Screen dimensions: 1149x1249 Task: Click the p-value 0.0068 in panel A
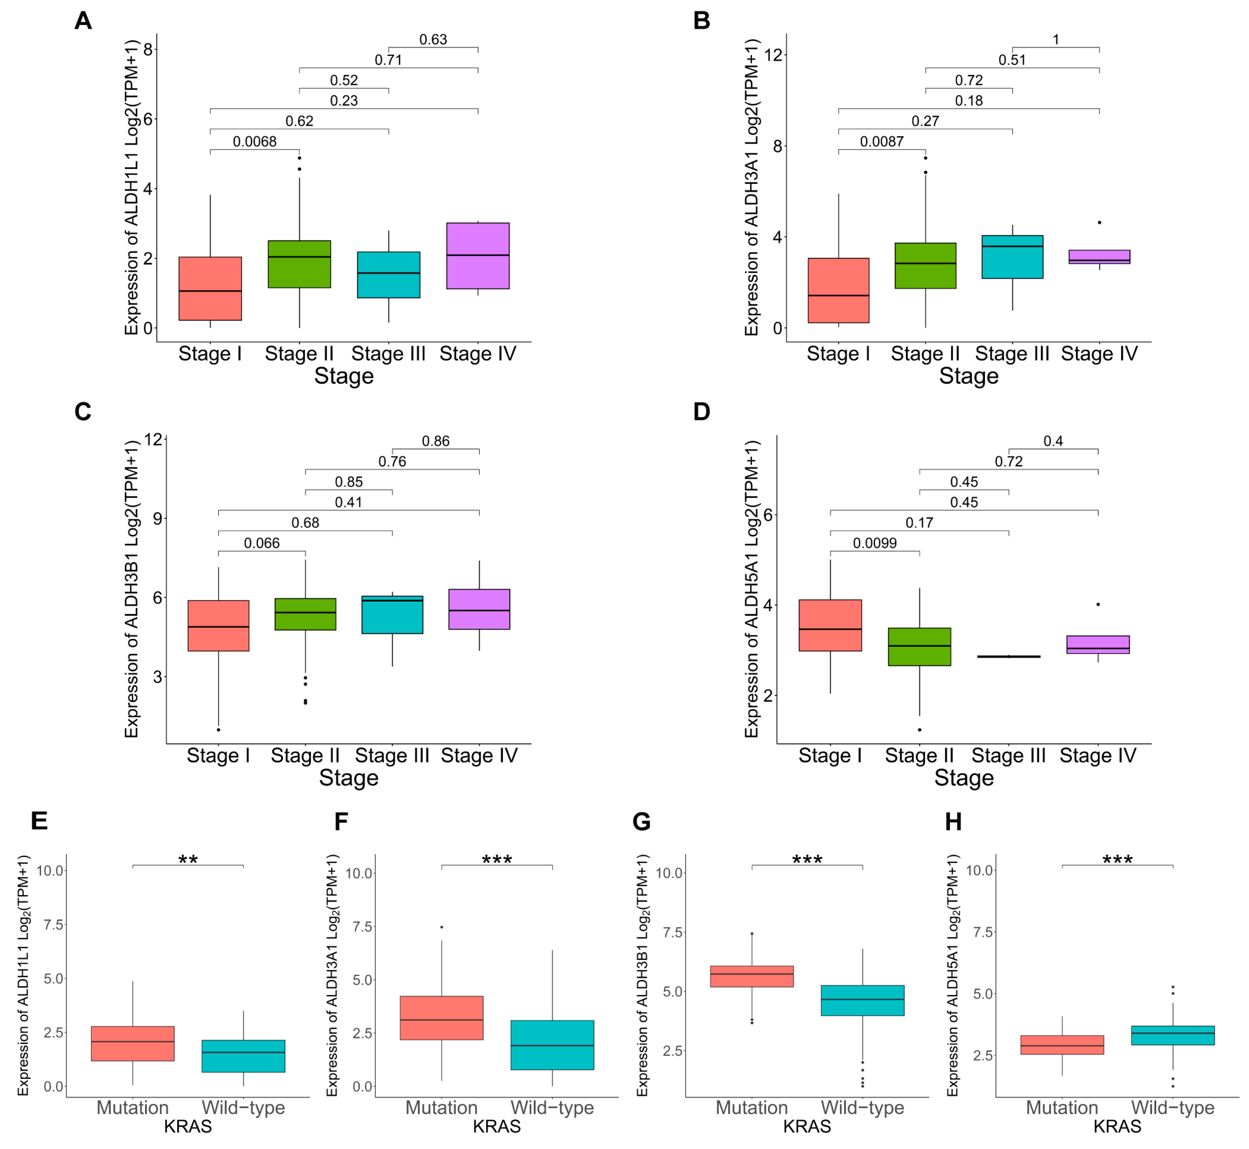[x=254, y=142]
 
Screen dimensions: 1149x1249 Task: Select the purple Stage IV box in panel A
[x=478, y=256]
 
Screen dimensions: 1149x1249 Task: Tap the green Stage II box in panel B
[x=925, y=266]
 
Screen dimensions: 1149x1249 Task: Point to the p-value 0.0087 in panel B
[x=881, y=142]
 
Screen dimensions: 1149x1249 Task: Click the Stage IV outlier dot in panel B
[x=1099, y=223]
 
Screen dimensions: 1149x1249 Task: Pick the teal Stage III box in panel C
[x=392, y=615]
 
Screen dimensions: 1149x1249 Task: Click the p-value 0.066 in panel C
[x=262, y=543]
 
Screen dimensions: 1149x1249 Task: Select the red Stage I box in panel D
[x=830, y=626]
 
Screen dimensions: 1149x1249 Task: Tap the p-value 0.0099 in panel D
[x=874, y=543]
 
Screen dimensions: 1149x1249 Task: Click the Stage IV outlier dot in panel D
[x=1098, y=604]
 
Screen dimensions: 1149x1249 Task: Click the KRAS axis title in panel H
[x=1117, y=1126]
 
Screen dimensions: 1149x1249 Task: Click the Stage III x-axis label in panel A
[x=388, y=354]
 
